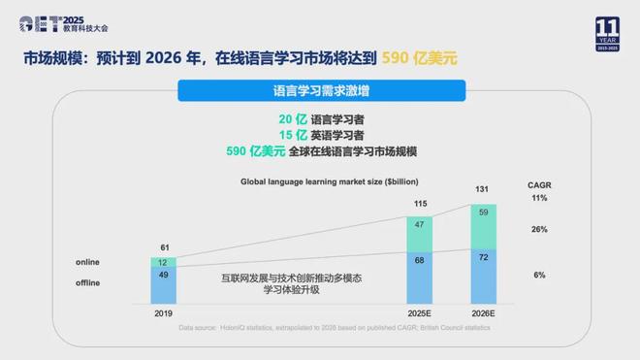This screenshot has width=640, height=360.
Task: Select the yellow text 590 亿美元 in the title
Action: click(x=418, y=57)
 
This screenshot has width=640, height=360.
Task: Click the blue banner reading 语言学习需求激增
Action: click(x=319, y=93)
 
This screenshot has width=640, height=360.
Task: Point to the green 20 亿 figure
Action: click(x=266, y=119)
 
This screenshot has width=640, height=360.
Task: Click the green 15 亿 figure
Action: click(x=266, y=135)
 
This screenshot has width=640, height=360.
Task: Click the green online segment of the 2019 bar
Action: click(x=163, y=262)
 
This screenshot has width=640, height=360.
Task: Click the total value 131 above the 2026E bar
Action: click(x=482, y=189)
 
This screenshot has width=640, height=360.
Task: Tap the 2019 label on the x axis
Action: click(x=163, y=314)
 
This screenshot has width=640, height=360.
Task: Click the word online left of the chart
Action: click(x=88, y=262)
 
